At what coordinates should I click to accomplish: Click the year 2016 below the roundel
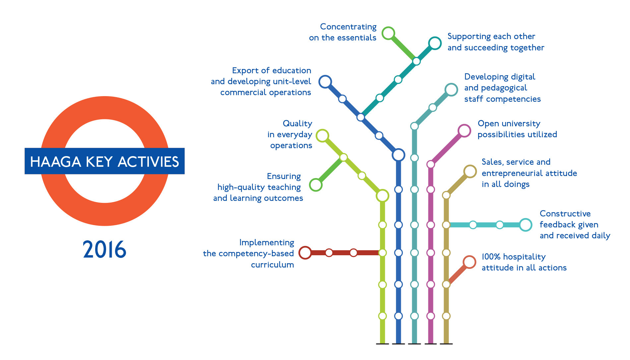pos(104,249)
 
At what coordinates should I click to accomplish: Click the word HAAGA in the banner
pos(55,162)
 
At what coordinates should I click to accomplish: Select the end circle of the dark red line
pos(305,253)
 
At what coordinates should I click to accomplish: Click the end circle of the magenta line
pos(464,131)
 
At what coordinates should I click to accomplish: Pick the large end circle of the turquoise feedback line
pos(526,225)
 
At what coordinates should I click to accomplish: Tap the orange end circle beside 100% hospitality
pos(469,262)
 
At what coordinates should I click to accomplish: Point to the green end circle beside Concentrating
pos(388,33)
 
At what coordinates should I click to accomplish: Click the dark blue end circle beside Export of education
pos(325,82)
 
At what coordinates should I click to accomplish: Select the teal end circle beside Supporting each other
pos(435,43)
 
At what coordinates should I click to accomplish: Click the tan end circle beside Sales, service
pos(470,171)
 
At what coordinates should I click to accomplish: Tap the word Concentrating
pos(348,27)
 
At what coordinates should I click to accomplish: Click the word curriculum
pos(272,265)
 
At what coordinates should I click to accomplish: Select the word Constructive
pos(565,213)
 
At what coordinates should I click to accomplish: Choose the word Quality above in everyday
pos(297,124)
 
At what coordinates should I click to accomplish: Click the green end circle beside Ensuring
pos(316,185)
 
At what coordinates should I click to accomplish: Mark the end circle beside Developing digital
pos(451,90)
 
